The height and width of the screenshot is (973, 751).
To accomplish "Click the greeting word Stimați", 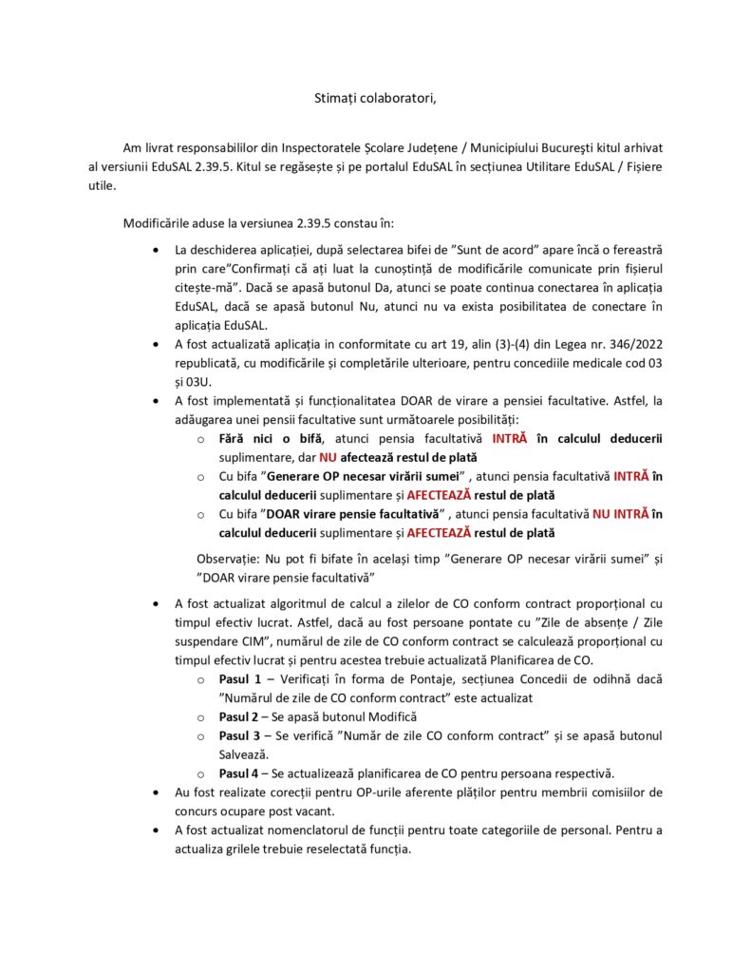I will [338, 98].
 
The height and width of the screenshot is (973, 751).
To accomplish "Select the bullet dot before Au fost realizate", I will [156, 792].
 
